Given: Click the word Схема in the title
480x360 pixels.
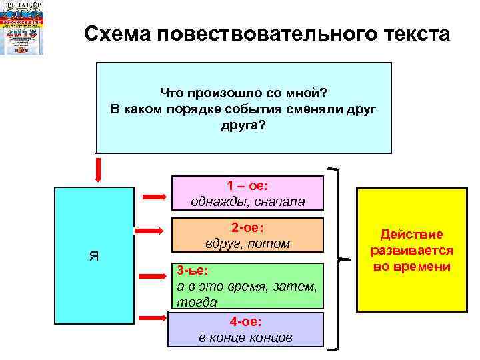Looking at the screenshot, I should point(117,33).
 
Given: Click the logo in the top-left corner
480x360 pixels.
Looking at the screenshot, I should point(23,28).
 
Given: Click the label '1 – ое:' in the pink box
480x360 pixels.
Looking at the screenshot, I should point(247,185).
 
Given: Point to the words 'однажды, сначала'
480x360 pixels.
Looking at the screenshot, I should point(247,201).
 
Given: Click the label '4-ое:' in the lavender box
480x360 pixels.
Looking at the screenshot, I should point(246,321).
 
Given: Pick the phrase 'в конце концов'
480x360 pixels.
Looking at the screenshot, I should point(246,337).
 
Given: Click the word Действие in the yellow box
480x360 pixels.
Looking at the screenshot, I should point(411,235).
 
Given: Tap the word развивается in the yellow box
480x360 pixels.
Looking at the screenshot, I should point(411,251).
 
